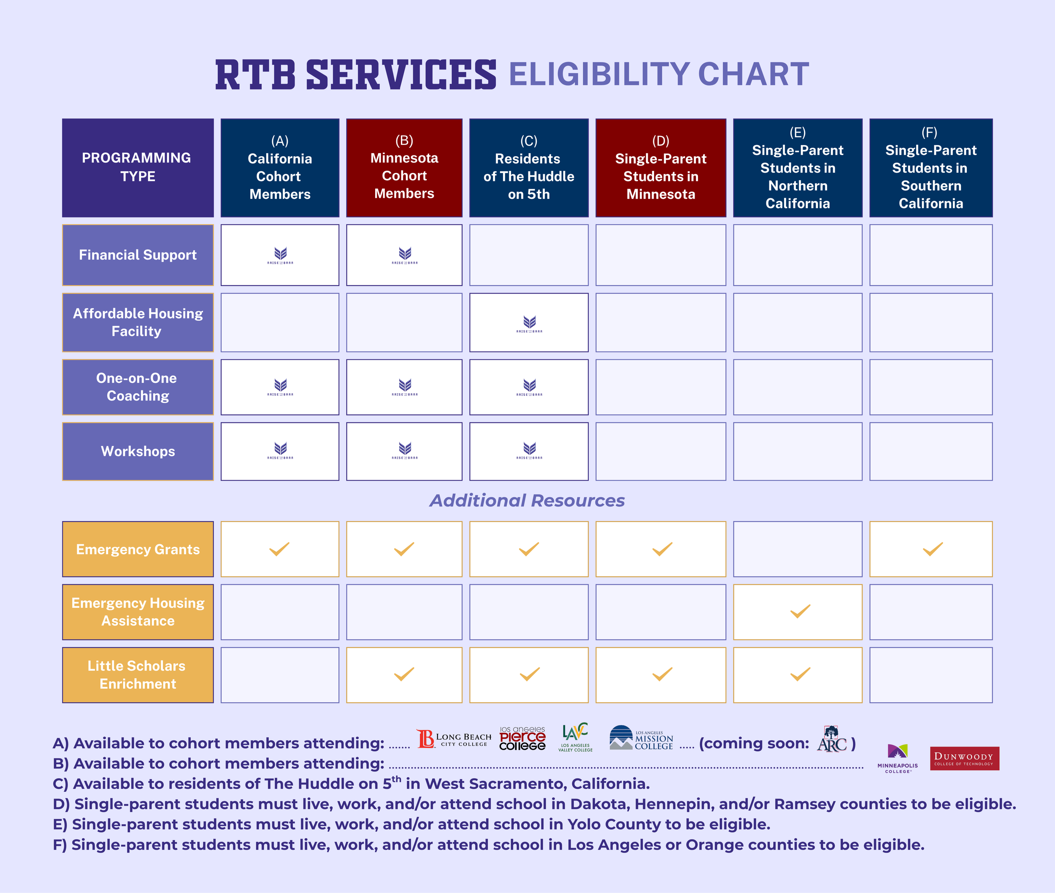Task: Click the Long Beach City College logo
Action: tap(454, 739)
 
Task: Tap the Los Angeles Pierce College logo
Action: tap(522, 739)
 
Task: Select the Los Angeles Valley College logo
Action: tap(575, 737)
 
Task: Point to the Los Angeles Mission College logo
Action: tap(641, 738)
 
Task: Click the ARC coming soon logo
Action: tap(832, 740)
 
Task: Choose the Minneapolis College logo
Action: tap(897, 758)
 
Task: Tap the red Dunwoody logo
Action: tap(964, 758)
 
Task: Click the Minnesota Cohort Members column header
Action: tap(404, 168)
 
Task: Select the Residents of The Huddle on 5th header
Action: tap(528, 168)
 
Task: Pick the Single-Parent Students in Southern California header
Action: tap(931, 168)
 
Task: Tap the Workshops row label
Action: tap(138, 451)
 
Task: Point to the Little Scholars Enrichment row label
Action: tap(138, 675)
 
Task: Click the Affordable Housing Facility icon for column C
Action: tap(529, 323)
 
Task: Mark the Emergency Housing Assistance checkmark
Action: tap(800, 612)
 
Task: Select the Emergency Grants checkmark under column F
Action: tap(932, 549)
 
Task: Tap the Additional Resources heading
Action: tap(527, 501)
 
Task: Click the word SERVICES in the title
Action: tap(401, 75)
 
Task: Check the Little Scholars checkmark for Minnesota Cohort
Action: tap(404, 674)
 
